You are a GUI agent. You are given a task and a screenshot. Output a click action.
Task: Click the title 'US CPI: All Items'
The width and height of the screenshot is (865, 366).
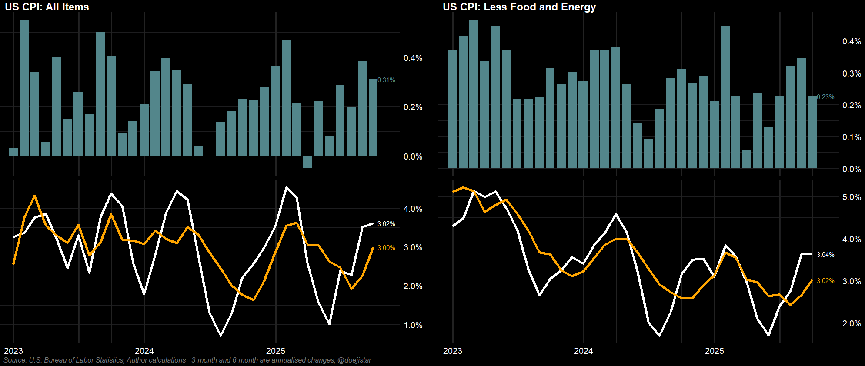coord(47,7)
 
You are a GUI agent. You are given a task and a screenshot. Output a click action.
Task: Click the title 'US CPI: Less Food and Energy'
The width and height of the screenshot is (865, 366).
coord(519,7)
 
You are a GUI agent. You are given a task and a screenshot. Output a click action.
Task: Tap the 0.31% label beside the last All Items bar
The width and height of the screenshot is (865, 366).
coord(386,80)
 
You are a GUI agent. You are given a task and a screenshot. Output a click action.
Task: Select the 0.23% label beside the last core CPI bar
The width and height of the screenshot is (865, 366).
coord(825,97)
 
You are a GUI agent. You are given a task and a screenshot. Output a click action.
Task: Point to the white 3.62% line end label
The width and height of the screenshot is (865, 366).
coord(386,224)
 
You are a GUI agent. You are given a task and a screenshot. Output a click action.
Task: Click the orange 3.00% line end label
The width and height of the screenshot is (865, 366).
coord(386,248)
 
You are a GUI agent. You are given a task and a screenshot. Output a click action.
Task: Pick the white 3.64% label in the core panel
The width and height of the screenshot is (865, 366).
coord(825,255)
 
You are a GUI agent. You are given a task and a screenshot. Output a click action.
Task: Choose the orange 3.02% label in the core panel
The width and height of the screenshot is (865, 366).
coord(825,281)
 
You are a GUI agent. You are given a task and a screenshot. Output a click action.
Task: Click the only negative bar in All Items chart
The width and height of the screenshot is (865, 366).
coord(307,162)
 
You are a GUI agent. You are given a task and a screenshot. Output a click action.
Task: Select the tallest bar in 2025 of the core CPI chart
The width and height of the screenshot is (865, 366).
coord(725,96)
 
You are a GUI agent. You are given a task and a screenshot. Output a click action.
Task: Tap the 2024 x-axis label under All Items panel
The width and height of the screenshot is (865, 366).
coord(144,351)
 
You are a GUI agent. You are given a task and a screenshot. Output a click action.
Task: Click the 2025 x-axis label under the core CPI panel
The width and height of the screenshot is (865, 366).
coord(714,351)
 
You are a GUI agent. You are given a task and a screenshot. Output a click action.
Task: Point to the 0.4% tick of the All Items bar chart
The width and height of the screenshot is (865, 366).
coord(413,58)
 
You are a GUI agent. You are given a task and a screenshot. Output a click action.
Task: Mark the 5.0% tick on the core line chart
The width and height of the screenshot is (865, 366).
coord(852,197)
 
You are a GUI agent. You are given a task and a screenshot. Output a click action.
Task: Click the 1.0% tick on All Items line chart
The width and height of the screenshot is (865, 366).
coord(413,325)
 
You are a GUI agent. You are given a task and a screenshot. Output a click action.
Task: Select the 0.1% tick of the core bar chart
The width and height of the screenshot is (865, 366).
coord(852,137)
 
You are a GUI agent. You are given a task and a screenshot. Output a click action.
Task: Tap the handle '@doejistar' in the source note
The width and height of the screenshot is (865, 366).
coord(354,360)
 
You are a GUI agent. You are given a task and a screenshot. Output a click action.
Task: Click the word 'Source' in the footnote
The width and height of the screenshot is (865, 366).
coord(14,360)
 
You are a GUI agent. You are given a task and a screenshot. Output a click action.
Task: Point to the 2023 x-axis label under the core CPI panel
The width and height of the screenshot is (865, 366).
coord(452,351)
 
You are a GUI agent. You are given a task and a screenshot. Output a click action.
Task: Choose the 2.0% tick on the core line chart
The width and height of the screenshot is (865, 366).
coord(852,323)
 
